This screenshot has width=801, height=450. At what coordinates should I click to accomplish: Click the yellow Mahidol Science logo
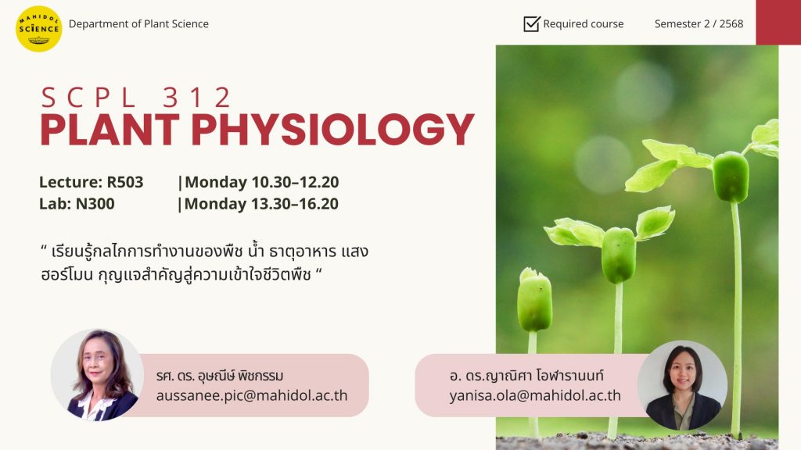(39, 29)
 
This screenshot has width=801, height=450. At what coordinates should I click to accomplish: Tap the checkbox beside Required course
(532, 23)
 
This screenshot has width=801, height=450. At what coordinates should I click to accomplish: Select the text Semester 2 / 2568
(699, 24)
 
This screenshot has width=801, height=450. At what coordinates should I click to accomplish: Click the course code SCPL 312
(136, 98)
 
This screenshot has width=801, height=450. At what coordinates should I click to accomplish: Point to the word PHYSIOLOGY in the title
(333, 130)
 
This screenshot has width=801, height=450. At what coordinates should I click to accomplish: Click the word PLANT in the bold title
(110, 130)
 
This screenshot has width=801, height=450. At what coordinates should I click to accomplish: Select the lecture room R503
(125, 182)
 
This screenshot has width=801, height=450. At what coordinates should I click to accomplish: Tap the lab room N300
(95, 204)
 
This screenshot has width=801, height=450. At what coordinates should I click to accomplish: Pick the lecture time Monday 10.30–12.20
(261, 182)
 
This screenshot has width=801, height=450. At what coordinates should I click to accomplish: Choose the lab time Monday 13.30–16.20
(261, 204)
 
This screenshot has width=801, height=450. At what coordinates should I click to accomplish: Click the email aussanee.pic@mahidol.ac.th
(252, 396)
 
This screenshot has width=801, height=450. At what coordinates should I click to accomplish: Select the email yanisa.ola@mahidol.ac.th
(535, 396)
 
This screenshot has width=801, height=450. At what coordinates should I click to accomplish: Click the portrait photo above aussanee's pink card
(97, 375)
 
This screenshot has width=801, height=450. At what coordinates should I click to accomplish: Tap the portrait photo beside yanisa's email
(682, 385)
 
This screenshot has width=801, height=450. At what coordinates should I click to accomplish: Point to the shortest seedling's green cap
(534, 300)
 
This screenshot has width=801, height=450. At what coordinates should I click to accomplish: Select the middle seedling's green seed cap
(618, 255)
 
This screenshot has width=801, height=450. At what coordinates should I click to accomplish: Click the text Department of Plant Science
(138, 24)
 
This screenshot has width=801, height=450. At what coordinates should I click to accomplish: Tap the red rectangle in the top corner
(778, 22)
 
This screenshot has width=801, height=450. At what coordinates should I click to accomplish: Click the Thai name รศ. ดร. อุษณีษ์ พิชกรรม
(220, 376)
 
